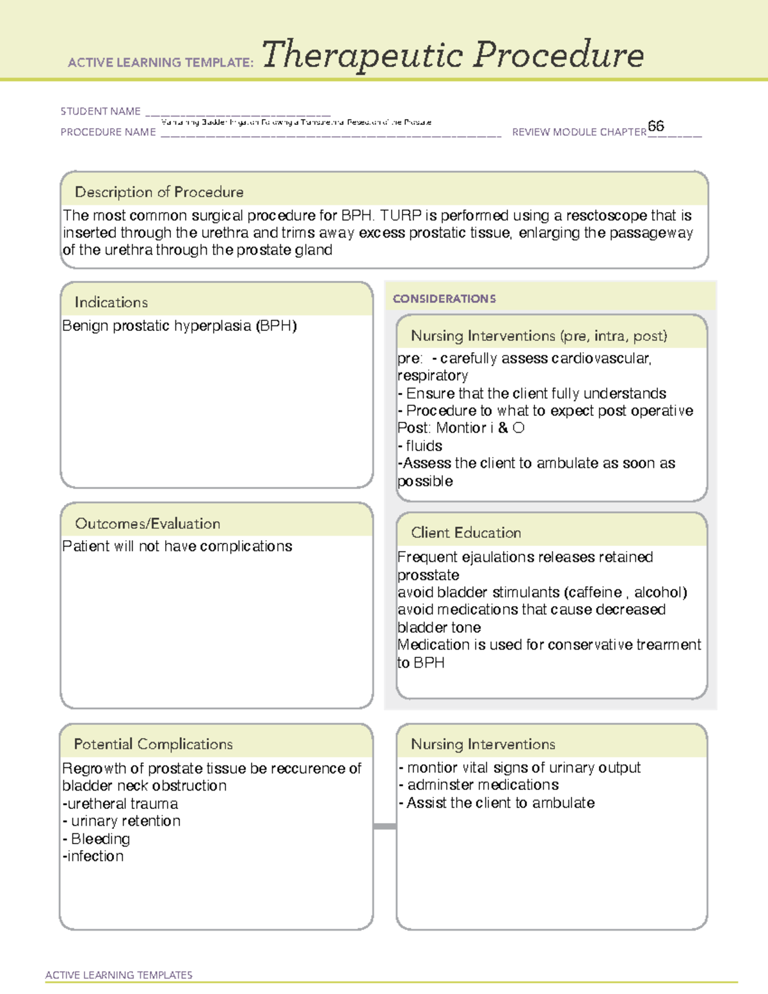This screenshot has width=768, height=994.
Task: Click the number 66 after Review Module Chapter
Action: click(x=655, y=126)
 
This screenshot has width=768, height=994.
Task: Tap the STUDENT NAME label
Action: click(x=100, y=111)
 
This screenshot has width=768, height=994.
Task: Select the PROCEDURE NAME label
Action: click(x=108, y=132)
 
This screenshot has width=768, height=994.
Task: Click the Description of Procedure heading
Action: click(x=159, y=192)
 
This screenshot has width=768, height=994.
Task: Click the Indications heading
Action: click(x=111, y=302)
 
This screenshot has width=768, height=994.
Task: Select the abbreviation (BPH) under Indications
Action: click(x=276, y=326)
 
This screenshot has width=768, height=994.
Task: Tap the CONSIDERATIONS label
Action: click(x=444, y=299)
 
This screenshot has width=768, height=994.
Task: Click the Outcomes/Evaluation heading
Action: click(x=147, y=524)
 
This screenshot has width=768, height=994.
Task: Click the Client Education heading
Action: click(x=466, y=533)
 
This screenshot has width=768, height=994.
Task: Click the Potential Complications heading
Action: click(x=153, y=744)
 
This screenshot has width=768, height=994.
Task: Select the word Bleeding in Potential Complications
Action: click(x=100, y=839)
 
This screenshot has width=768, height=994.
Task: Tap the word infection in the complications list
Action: click(x=95, y=856)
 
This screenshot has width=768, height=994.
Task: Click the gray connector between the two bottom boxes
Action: click(x=385, y=826)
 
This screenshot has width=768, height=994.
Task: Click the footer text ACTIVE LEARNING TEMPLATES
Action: click(x=118, y=975)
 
